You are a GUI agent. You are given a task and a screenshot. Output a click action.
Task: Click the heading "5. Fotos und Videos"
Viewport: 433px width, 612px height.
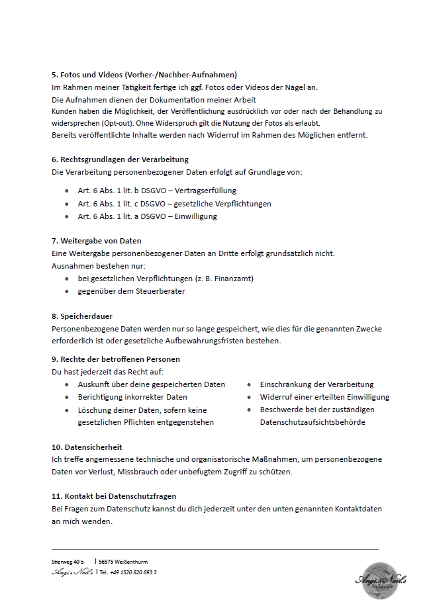(x=144, y=75)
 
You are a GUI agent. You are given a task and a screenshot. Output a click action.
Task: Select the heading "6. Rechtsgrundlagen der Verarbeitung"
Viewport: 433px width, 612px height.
(x=120, y=159)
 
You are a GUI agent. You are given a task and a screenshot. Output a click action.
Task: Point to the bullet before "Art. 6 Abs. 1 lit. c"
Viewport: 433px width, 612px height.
(x=67, y=204)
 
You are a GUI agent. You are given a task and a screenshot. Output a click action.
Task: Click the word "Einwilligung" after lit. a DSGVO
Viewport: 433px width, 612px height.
(x=195, y=216)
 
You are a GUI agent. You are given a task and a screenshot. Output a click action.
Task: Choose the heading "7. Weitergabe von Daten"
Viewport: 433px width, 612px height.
(x=96, y=241)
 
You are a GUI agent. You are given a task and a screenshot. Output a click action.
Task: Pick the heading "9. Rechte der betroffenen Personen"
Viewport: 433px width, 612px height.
(x=115, y=359)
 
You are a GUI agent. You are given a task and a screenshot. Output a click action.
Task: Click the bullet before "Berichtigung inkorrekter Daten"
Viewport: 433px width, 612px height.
(x=67, y=397)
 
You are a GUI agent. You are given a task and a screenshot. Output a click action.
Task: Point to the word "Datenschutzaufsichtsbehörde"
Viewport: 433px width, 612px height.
(x=313, y=422)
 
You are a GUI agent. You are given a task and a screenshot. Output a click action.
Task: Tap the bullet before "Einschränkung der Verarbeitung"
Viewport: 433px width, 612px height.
(x=250, y=384)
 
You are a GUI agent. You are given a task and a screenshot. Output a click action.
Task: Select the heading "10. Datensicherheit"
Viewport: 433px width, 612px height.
(x=87, y=447)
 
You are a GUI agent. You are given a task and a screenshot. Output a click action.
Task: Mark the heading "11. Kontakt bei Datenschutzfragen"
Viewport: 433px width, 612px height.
(x=114, y=496)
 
